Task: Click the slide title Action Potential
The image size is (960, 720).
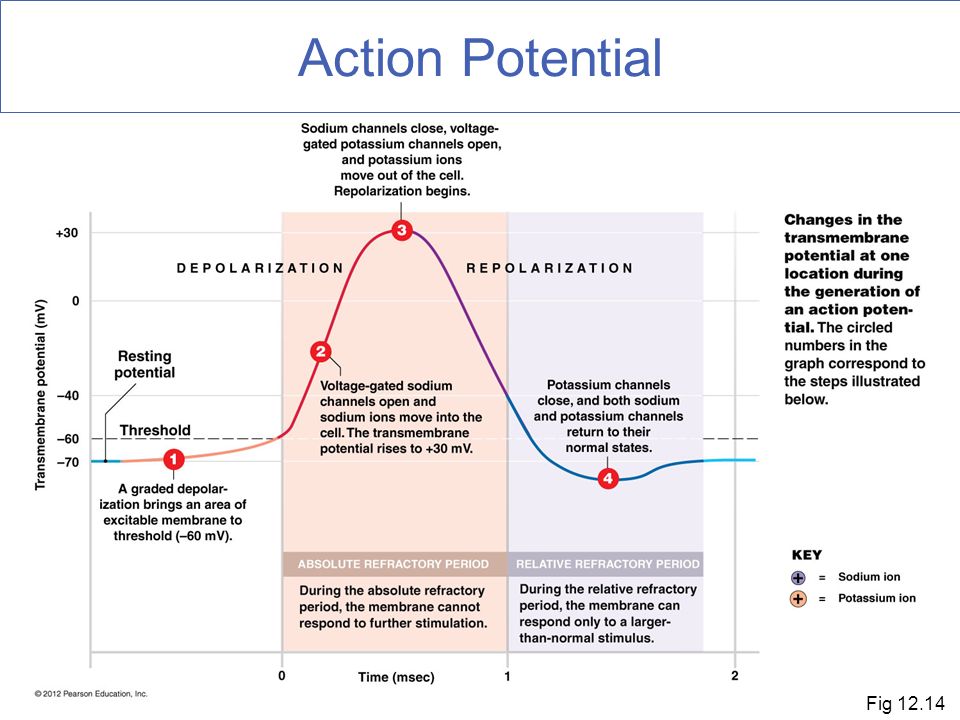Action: tap(480, 58)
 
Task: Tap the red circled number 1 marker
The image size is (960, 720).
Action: tap(174, 459)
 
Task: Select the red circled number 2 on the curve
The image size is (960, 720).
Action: tap(321, 351)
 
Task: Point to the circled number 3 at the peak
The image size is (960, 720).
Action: tap(402, 230)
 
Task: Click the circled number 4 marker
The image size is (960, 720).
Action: tap(608, 478)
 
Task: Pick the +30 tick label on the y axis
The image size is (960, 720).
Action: tap(67, 233)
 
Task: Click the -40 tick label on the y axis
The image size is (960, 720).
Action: tap(68, 396)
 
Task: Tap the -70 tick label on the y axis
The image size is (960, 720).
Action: tap(68, 462)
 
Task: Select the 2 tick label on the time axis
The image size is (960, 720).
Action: tap(735, 676)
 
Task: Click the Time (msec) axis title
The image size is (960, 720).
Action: tap(396, 677)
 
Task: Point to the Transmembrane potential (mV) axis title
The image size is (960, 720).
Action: tap(40, 394)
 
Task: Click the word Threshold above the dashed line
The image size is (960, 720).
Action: tap(155, 430)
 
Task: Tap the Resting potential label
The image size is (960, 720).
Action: tap(145, 364)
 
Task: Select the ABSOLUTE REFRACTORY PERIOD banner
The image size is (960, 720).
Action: tap(394, 564)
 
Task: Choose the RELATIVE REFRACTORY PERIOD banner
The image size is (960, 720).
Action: tap(607, 564)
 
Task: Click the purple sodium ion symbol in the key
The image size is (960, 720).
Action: tap(798, 577)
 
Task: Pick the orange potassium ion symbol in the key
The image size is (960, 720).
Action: tap(798, 599)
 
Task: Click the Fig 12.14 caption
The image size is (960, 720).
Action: tap(905, 703)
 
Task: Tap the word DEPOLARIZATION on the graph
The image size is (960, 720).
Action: tap(260, 268)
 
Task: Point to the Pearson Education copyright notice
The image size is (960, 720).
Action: tap(91, 694)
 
